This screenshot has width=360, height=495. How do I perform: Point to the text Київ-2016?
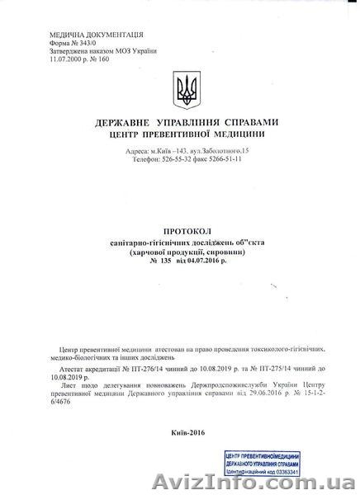coord(188,431)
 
